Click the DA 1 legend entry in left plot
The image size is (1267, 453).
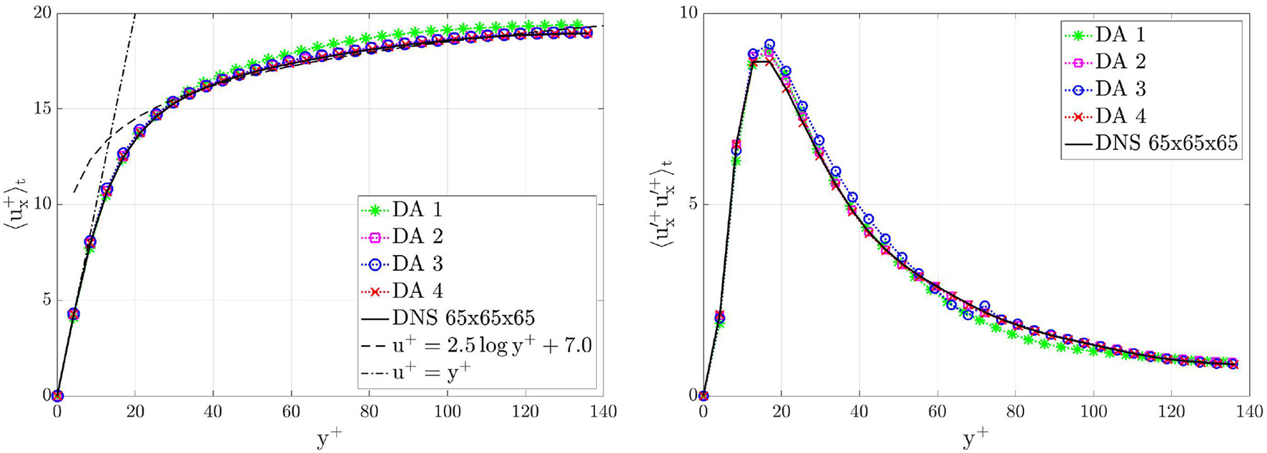[418, 210]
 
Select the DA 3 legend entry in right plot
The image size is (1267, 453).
[1120, 89]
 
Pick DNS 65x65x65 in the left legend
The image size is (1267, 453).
[463, 318]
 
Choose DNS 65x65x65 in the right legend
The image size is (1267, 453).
[1166, 143]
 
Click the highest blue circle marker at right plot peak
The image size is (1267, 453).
[769, 45]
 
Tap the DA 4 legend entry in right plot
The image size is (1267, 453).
[1120, 116]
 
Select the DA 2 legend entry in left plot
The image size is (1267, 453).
[418, 237]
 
